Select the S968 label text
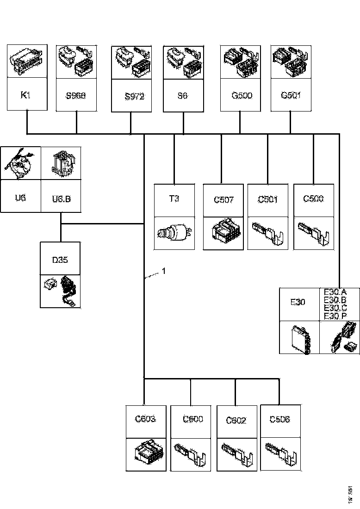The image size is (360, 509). click(x=76, y=96)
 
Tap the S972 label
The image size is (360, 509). click(x=135, y=97)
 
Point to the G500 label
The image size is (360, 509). click(x=242, y=96)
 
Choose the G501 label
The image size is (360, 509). click(x=291, y=96)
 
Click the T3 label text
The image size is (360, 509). click(x=174, y=199)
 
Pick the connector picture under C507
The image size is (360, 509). click(x=224, y=233)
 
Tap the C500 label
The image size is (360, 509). click(x=313, y=199)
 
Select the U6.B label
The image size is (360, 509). click(x=61, y=199)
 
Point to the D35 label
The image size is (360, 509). click(x=60, y=260)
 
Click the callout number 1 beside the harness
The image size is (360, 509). click(x=164, y=272)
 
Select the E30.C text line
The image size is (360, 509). click(x=335, y=308)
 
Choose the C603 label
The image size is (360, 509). click(x=145, y=419)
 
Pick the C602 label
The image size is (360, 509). click(x=236, y=420)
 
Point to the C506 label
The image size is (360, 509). click(x=279, y=419)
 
